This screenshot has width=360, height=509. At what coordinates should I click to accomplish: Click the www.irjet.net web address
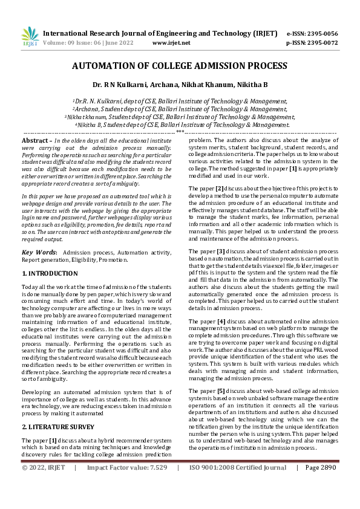[171, 43]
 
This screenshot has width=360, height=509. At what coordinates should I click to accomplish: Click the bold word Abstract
[35, 140]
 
